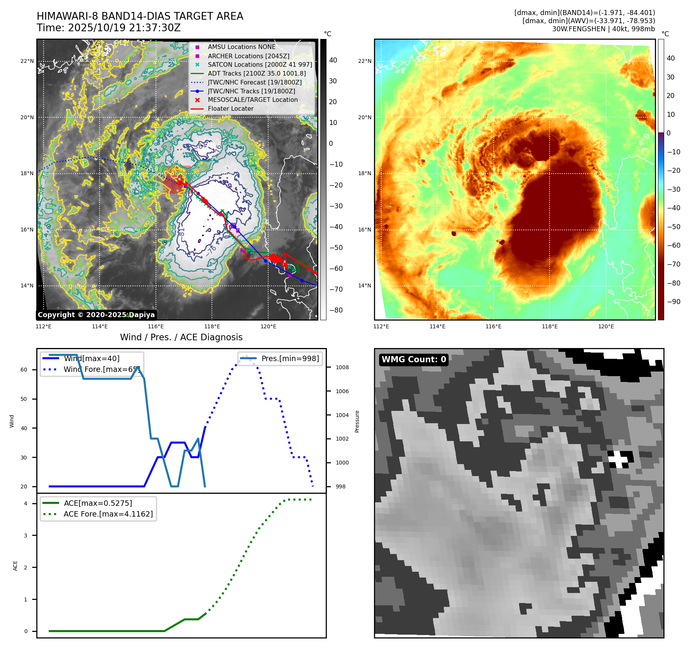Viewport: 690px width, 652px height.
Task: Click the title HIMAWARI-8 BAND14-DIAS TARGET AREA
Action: [x=140, y=16]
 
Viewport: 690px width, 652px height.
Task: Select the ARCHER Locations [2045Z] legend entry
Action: [x=248, y=56]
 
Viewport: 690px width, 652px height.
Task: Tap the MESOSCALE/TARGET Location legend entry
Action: [x=252, y=100]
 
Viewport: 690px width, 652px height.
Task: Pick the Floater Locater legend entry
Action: [x=230, y=109]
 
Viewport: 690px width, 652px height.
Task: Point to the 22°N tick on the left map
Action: [x=27, y=61]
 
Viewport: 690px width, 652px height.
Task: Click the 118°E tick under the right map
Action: [x=550, y=326]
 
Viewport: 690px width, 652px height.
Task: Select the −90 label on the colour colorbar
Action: [x=674, y=302]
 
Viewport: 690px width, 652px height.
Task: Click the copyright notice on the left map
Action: [x=96, y=315]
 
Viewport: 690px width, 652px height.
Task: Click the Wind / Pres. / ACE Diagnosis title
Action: [x=181, y=337]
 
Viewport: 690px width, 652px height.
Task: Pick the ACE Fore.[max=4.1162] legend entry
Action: [x=108, y=514]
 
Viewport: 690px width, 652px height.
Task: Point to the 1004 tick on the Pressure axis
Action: [x=342, y=415]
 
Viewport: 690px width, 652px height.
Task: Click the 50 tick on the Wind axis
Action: [x=24, y=399]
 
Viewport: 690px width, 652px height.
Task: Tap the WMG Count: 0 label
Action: [x=414, y=360]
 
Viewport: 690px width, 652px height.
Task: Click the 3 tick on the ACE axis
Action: [x=25, y=535]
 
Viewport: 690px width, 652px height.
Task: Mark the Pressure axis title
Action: [x=357, y=421]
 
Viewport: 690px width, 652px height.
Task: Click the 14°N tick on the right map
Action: [x=365, y=286]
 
